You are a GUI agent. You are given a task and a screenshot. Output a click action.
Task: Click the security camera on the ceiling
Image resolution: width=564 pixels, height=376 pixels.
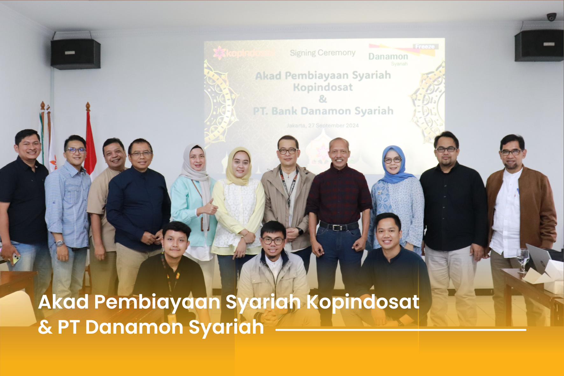(551, 17)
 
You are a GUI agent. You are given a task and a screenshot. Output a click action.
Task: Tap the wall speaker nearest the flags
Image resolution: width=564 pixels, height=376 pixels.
(75, 53)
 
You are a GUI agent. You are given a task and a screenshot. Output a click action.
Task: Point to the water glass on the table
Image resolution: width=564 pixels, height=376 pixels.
(523, 259)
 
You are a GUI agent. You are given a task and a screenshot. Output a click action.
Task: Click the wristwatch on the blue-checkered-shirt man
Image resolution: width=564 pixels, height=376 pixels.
(60, 244)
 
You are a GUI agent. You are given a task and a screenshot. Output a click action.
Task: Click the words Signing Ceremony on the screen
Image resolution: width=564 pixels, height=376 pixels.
(322, 53)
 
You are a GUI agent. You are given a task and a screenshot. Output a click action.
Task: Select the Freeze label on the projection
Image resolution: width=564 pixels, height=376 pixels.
(425, 47)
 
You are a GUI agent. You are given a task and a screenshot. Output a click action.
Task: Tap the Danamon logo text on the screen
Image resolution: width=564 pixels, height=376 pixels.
(388, 57)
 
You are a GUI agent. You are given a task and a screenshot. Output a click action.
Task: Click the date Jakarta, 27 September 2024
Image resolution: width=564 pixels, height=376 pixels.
(322, 125)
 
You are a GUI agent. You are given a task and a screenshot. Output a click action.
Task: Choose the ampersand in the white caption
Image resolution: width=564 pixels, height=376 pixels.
(45, 327)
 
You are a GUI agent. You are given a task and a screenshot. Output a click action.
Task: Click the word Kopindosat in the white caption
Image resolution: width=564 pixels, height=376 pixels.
(363, 302)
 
